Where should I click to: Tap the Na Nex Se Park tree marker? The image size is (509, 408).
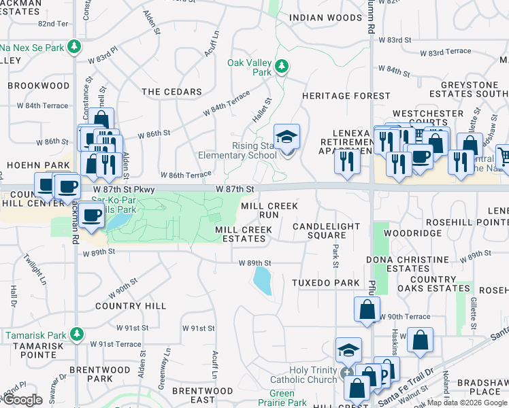(74, 48)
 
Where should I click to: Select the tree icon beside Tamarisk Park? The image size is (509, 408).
(77, 334)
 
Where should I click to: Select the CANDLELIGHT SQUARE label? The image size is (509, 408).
(319, 231)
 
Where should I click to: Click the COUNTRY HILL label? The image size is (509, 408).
(131, 306)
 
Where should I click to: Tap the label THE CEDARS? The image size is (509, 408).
(171, 92)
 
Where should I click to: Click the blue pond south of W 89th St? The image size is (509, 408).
(262, 279)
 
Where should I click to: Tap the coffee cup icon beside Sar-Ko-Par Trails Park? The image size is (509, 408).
(91, 216)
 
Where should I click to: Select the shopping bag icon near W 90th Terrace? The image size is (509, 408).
(367, 309)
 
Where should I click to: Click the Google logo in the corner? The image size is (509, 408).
(22, 401)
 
